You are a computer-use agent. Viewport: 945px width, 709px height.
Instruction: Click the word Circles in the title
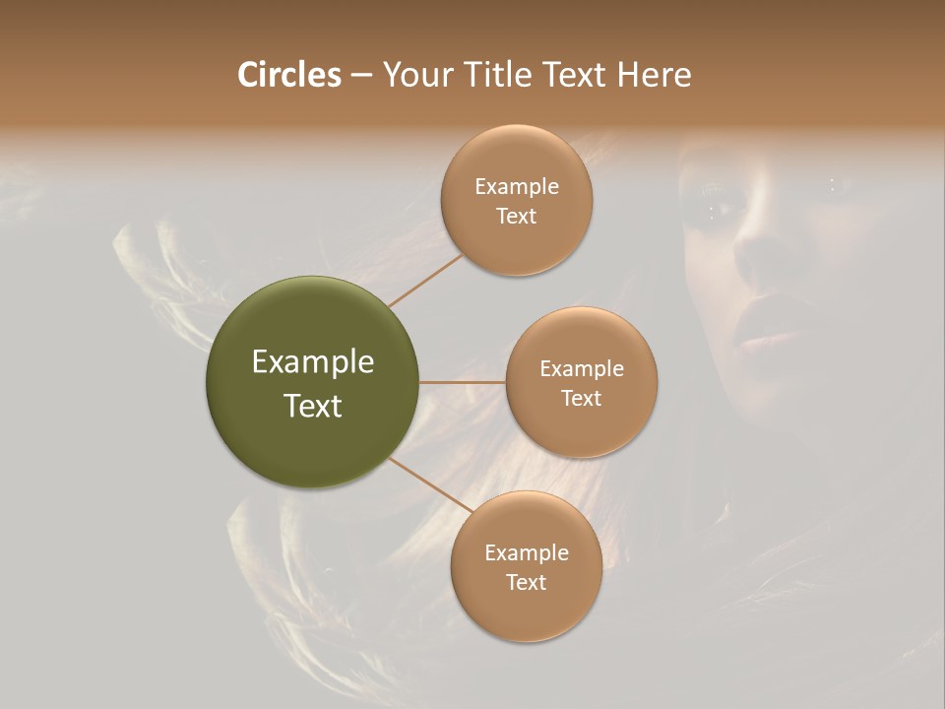click(x=289, y=75)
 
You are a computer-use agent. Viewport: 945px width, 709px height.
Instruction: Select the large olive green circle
click(x=312, y=382)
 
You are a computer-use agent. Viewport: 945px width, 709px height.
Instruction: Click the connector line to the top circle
click(x=425, y=280)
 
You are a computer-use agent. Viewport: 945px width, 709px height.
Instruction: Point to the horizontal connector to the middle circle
click(x=462, y=382)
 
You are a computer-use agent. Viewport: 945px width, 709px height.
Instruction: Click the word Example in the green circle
click(x=312, y=362)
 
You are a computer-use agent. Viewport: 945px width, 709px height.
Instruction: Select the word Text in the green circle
click(x=312, y=406)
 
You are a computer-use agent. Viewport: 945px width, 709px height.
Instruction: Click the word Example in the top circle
click(x=516, y=187)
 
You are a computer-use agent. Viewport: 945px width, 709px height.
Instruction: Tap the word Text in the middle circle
click(x=581, y=399)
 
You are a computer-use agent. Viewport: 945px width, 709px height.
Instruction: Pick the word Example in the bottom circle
click(x=526, y=553)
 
